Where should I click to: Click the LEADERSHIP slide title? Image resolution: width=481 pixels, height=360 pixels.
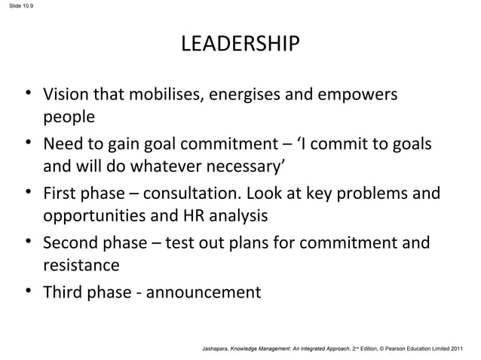click(x=240, y=44)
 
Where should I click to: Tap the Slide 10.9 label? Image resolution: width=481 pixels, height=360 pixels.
click(x=16, y=8)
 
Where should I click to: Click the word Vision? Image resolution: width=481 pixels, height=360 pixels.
click(x=64, y=96)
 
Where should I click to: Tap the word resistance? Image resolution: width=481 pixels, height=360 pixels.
click(x=81, y=265)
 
